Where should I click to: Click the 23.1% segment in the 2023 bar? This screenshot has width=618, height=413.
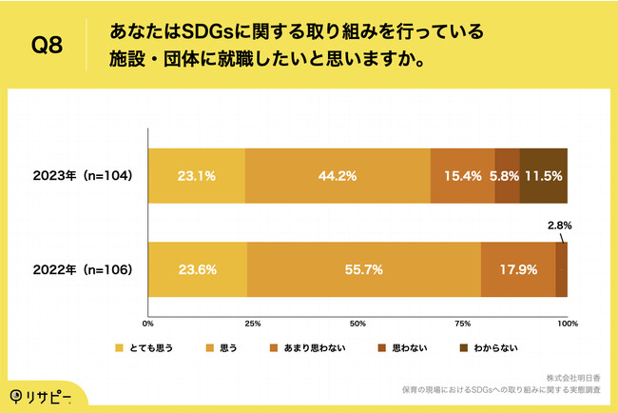[x=196, y=176]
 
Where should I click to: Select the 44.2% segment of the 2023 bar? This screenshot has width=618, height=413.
[x=338, y=176]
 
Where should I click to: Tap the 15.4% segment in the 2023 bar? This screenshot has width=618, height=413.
[x=463, y=176]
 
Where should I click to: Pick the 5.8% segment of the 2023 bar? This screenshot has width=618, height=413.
[x=507, y=176]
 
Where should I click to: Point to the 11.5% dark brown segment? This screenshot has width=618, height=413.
[x=544, y=176]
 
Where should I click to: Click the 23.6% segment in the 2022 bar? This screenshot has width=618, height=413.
[x=197, y=269]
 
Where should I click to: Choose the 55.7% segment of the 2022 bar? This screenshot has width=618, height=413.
[x=364, y=269]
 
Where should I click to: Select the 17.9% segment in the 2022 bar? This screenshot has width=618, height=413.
[x=518, y=269]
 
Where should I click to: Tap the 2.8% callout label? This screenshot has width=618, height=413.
[x=559, y=226]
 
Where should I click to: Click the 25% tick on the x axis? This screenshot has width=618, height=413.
[x=252, y=324]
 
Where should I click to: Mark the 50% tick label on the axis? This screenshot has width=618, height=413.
[x=357, y=324]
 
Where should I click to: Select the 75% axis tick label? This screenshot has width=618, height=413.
[x=462, y=324]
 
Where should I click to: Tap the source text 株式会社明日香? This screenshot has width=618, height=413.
[x=577, y=377]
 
